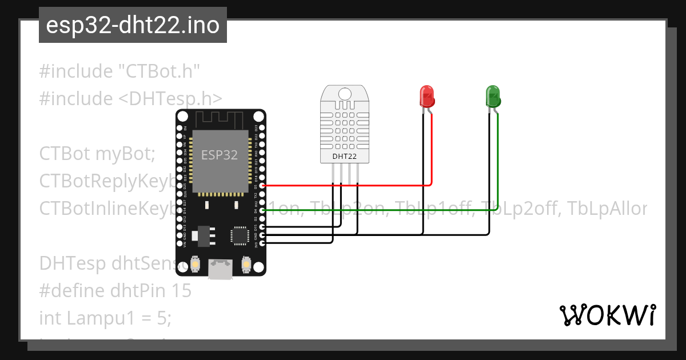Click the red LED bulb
tap(426, 97)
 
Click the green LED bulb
tap(493, 97)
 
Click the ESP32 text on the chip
tap(220, 155)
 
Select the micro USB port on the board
tap(221, 269)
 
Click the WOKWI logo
tap(608, 315)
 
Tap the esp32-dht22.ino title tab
tap(133, 26)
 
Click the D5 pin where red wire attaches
tap(262, 186)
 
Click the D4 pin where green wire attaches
tap(262, 210)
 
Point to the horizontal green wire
tap(377, 210)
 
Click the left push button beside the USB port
tap(196, 265)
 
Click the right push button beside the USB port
tap(246, 265)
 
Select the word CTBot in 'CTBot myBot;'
tap(65, 154)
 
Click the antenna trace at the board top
tap(221, 119)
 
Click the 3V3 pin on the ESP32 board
tap(262, 243)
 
